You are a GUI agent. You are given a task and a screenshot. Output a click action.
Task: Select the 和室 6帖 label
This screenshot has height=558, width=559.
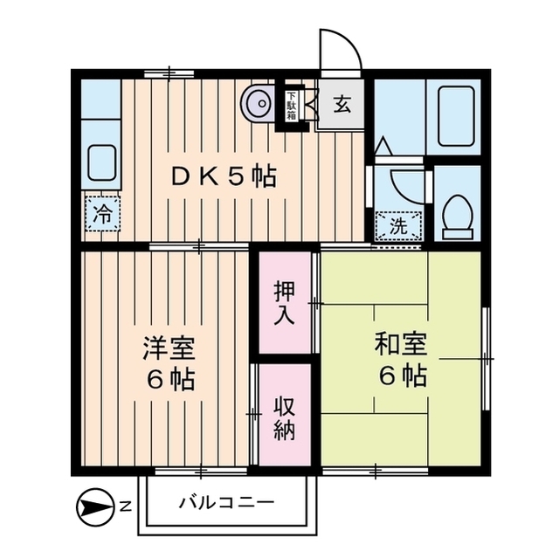(401, 359)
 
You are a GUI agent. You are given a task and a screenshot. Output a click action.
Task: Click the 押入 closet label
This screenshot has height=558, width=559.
(284, 301)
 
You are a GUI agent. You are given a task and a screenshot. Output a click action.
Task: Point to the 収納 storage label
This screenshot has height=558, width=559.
(284, 418)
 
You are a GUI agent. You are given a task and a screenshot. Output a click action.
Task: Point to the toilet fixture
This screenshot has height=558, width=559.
(456, 213)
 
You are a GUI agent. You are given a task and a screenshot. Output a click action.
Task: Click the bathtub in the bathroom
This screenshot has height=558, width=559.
(455, 116)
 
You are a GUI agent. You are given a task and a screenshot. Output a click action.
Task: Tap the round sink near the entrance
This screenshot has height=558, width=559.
(259, 105)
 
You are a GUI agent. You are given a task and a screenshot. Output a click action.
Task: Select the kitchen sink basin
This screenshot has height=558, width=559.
(102, 163)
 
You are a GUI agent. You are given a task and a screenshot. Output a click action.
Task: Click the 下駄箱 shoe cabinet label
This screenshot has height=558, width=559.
(290, 105)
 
